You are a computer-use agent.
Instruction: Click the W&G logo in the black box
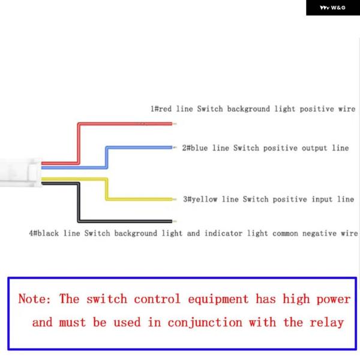tap(332, 8)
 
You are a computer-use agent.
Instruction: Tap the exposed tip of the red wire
tap(175, 124)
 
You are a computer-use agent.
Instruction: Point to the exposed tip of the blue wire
tap(175, 148)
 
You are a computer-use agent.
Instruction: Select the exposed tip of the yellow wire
tap(175, 199)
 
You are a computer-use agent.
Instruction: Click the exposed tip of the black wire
tap(175, 221)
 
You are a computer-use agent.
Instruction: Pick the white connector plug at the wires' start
tap(20, 172)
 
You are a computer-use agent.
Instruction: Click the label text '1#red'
tap(161, 109)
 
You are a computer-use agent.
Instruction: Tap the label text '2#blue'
tap(195, 148)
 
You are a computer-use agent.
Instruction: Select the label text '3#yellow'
tap(200, 199)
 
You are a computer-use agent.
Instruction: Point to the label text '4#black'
tap(44, 233)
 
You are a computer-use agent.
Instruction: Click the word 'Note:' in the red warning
tap(34, 299)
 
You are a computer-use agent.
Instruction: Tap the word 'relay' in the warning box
tap(327, 323)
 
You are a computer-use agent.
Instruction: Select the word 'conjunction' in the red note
tap(205, 323)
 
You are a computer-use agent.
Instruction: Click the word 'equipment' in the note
tap(218, 299)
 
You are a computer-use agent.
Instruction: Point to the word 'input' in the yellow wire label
tap(322, 199)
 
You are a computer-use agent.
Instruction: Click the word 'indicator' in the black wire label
tap(223, 233)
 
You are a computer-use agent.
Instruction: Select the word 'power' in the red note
tap(334, 299)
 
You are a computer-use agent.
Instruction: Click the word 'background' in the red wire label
tap(248, 109)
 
